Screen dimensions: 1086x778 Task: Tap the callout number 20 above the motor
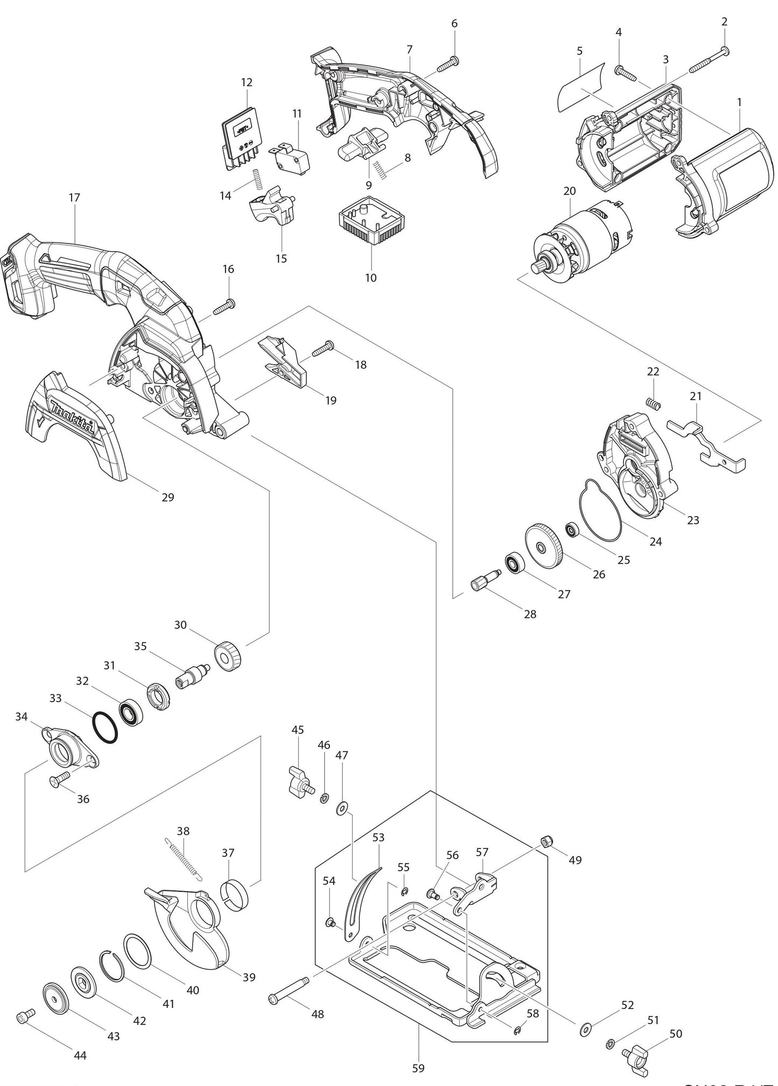pyautogui.click(x=569, y=191)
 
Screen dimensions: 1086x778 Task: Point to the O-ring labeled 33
pyautogui.click(x=105, y=728)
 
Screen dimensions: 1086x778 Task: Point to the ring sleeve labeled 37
pyautogui.click(x=235, y=896)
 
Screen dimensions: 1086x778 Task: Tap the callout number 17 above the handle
pyautogui.click(x=74, y=197)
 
